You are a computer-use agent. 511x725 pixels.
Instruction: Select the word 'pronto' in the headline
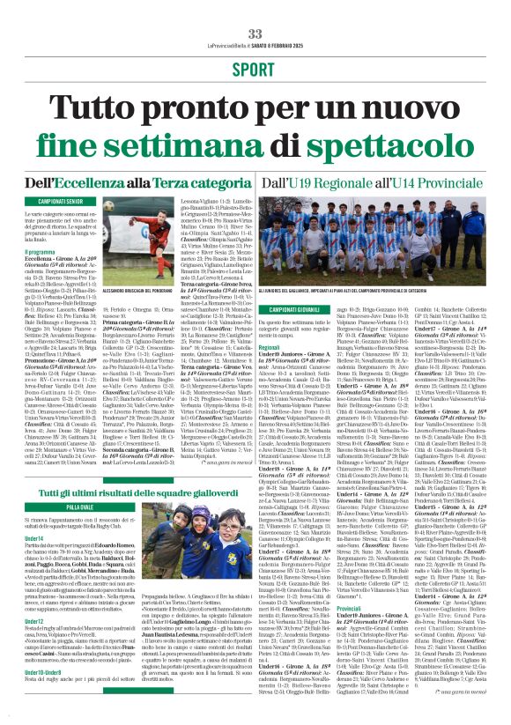point(204,107)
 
